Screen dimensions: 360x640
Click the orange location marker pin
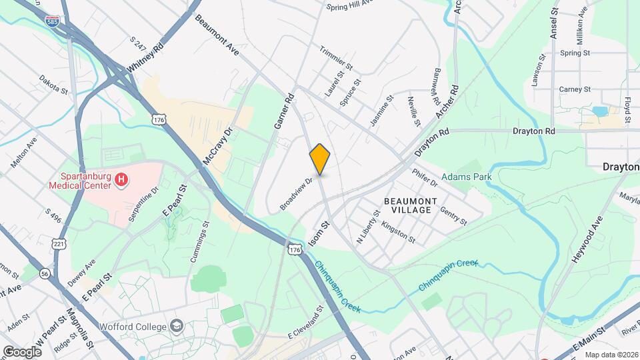coord(320,159)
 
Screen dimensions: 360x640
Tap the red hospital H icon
coord(121,179)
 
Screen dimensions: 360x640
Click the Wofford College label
coord(132,327)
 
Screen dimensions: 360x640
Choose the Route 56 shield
coord(45,273)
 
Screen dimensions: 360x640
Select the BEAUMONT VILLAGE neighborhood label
coord(411,205)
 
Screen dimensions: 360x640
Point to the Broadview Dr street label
coord(297,193)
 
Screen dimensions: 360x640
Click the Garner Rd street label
coord(285,111)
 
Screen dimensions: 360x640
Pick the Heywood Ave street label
coord(587,239)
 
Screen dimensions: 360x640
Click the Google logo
coord(22,351)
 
